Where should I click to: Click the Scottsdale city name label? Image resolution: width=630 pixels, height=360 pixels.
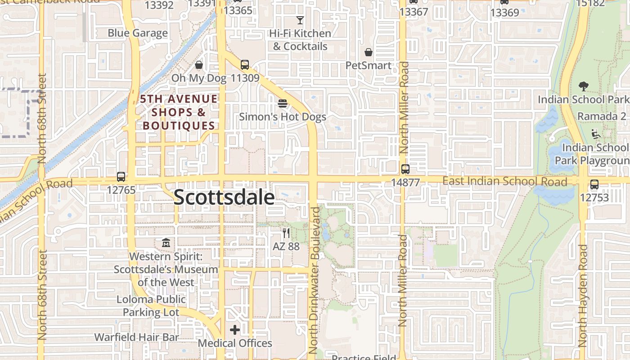coord(224,197)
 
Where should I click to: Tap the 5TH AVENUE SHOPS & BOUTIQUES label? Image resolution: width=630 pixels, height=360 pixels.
coord(179,112)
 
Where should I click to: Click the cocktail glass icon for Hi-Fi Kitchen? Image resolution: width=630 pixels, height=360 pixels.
coord(300,20)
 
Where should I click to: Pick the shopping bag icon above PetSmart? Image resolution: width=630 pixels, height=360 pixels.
coord(369,52)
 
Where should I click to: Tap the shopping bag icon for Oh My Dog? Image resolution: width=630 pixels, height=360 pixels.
coord(199,65)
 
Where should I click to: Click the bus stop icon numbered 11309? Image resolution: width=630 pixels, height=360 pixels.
coord(245,65)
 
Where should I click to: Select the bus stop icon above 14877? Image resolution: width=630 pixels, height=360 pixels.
coord(405,170)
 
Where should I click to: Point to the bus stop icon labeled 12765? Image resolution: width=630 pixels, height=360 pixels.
coord(121,177)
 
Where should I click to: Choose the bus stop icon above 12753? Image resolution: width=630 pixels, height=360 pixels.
coord(594,184)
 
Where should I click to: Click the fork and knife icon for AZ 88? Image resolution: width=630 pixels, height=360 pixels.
coord(286,233)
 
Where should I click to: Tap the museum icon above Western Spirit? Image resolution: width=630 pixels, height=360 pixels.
coord(166,243)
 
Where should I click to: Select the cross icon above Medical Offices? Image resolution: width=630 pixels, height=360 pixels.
coord(235,330)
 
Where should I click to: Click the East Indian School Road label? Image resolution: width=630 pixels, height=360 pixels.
coord(504,181)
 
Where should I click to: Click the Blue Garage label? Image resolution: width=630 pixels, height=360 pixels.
coord(138,33)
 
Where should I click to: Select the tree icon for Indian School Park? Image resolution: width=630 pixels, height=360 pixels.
coord(584,86)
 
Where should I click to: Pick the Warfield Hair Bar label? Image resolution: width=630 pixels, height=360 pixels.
coord(137,337)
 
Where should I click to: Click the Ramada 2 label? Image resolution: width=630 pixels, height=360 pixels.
coord(602,117)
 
